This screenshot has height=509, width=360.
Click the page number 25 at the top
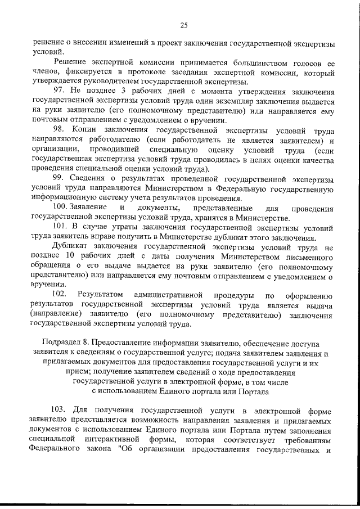tap(183, 24)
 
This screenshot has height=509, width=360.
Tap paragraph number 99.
tap(59, 178)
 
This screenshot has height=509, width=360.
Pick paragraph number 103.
tap(61, 411)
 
